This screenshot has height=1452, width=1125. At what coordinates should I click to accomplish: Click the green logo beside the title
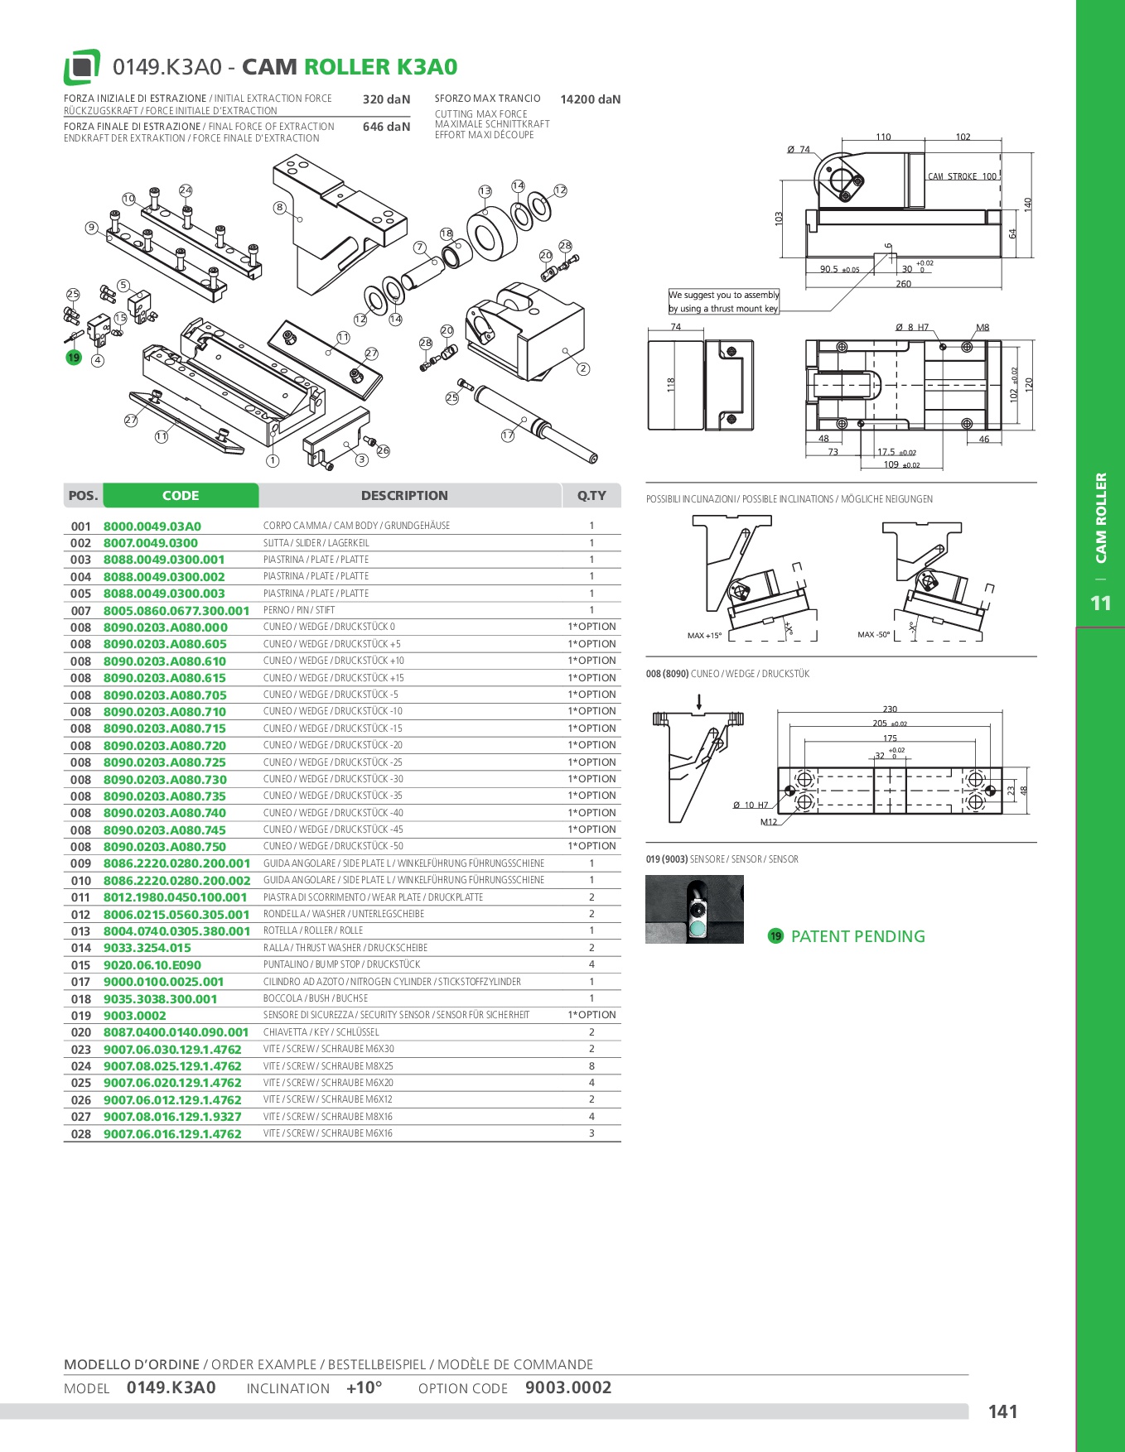[82, 67]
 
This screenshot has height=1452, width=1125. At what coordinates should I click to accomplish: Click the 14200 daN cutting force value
[590, 99]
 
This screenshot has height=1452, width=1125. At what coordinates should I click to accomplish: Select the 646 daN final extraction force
[386, 127]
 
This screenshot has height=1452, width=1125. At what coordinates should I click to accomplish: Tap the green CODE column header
[181, 496]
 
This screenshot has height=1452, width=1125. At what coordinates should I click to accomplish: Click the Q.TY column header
[591, 496]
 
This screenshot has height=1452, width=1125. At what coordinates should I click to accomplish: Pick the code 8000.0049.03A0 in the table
[152, 526]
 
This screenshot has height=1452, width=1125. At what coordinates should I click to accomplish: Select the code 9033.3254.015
[147, 948]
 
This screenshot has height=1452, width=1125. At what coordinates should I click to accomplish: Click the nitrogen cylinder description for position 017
[392, 982]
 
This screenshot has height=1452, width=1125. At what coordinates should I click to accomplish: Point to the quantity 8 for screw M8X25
[591, 1066]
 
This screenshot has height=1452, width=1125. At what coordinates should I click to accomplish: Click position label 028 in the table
[81, 1134]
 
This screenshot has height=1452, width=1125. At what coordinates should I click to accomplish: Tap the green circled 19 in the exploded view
[74, 358]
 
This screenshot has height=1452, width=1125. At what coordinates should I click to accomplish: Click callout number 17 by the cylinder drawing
[508, 435]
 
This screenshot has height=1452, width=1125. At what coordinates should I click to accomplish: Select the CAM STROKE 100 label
[962, 176]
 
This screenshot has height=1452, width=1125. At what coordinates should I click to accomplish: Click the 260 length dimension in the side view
[903, 284]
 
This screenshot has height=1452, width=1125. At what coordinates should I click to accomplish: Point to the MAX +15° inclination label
[704, 636]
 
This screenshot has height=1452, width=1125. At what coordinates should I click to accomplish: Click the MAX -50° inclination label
[873, 635]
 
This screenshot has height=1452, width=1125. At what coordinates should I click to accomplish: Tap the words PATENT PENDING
[857, 936]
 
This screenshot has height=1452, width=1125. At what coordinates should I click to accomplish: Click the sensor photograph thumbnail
[694, 909]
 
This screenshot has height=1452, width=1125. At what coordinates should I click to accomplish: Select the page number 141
[1002, 1412]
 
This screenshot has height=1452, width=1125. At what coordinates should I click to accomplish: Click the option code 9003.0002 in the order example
[568, 1388]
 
